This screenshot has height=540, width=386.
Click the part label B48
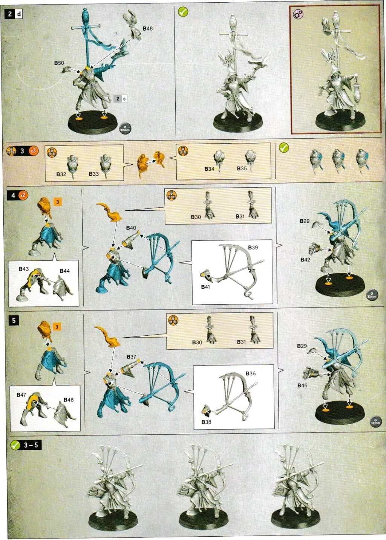click(x=147, y=28)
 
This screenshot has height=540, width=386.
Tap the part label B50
click(x=59, y=63)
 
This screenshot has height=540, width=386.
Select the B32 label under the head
click(x=61, y=174)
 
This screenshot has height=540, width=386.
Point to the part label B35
click(x=242, y=168)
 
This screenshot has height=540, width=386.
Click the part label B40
click(x=131, y=228)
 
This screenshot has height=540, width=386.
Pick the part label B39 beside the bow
click(x=253, y=248)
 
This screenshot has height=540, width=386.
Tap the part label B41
click(x=205, y=287)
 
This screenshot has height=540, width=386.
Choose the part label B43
click(x=24, y=269)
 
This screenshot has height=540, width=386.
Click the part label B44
click(x=64, y=271)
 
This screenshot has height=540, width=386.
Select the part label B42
click(x=305, y=260)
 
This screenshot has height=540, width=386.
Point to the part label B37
click(x=131, y=356)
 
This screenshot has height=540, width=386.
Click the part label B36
click(x=250, y=373)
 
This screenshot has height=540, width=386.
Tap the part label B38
click(x=206, y=422)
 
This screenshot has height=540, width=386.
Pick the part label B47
click(x=21, y=395)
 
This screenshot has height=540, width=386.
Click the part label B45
click(x=302, y=385)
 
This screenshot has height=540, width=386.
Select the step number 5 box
click(x=14, y=320)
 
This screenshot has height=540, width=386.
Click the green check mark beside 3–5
click(x=15, y=445)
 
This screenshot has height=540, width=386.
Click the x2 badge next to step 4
click(x=23, y=195)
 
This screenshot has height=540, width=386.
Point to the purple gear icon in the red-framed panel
click(x=298, y=14)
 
